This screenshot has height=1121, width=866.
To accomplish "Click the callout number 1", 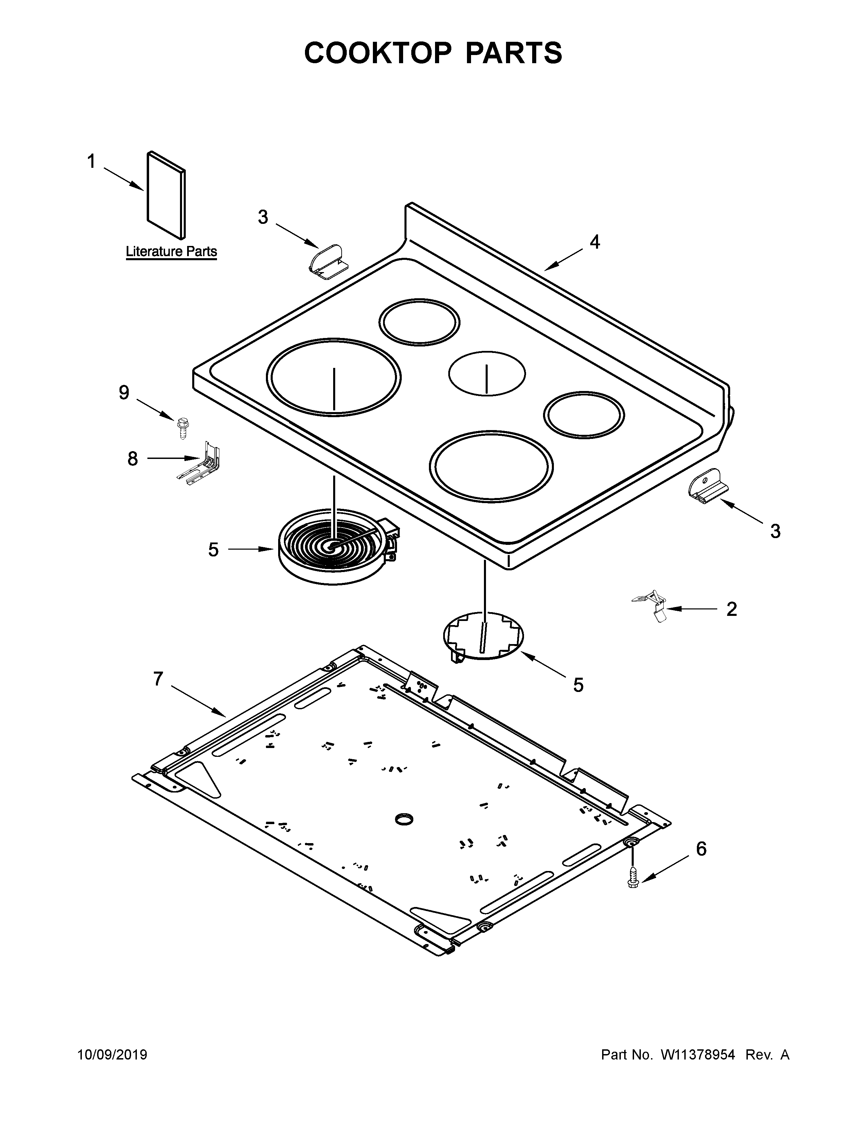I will click(91, 162).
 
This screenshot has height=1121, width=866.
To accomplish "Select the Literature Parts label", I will click(172, 251).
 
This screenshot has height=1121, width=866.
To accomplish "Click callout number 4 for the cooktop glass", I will click(595, 242).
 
